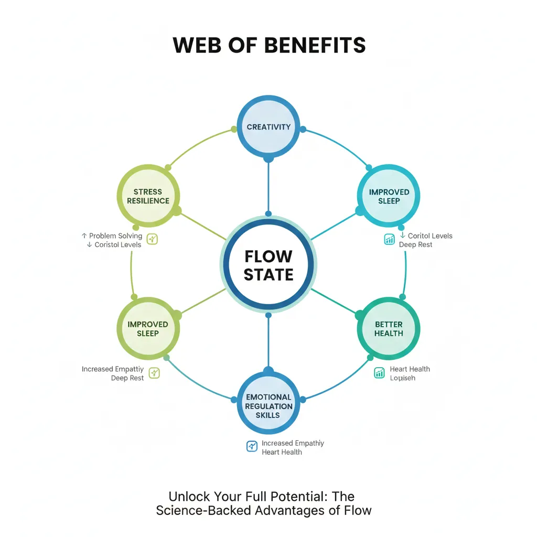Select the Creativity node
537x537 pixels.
point(268,127)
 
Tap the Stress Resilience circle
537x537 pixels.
point(147,196)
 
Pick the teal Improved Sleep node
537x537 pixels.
point(389,196)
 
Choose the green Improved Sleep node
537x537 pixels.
point(147,329)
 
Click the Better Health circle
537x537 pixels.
point(389,329)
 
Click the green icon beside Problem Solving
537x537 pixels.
point(153,239)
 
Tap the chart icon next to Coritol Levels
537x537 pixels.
point(389,240)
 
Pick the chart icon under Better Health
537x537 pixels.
point(380,372)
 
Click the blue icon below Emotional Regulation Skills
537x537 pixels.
point(252,446)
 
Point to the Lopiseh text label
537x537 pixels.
point(403,378)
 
